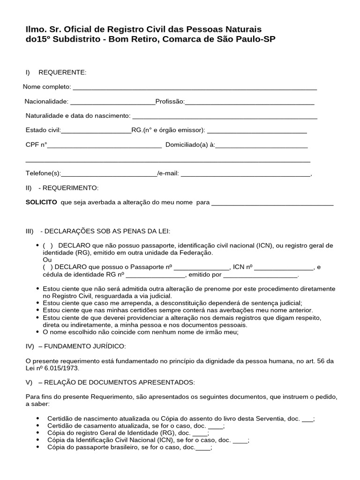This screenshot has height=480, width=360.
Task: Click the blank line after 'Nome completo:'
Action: pos(195,88)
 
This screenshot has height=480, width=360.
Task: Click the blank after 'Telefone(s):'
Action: pos(109,174)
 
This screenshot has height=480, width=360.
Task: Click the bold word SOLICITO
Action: pos(41,202)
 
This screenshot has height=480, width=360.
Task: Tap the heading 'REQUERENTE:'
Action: pos(62,72)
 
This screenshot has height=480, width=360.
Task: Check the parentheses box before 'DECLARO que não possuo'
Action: pos(48,246)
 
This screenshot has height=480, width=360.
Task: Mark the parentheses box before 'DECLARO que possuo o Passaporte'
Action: pos(48,267)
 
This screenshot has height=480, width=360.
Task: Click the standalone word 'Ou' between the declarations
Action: pos(47,260)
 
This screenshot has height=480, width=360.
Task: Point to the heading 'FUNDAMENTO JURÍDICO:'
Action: pos(85,346)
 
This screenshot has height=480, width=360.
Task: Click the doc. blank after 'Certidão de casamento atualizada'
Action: pos(216,427)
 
